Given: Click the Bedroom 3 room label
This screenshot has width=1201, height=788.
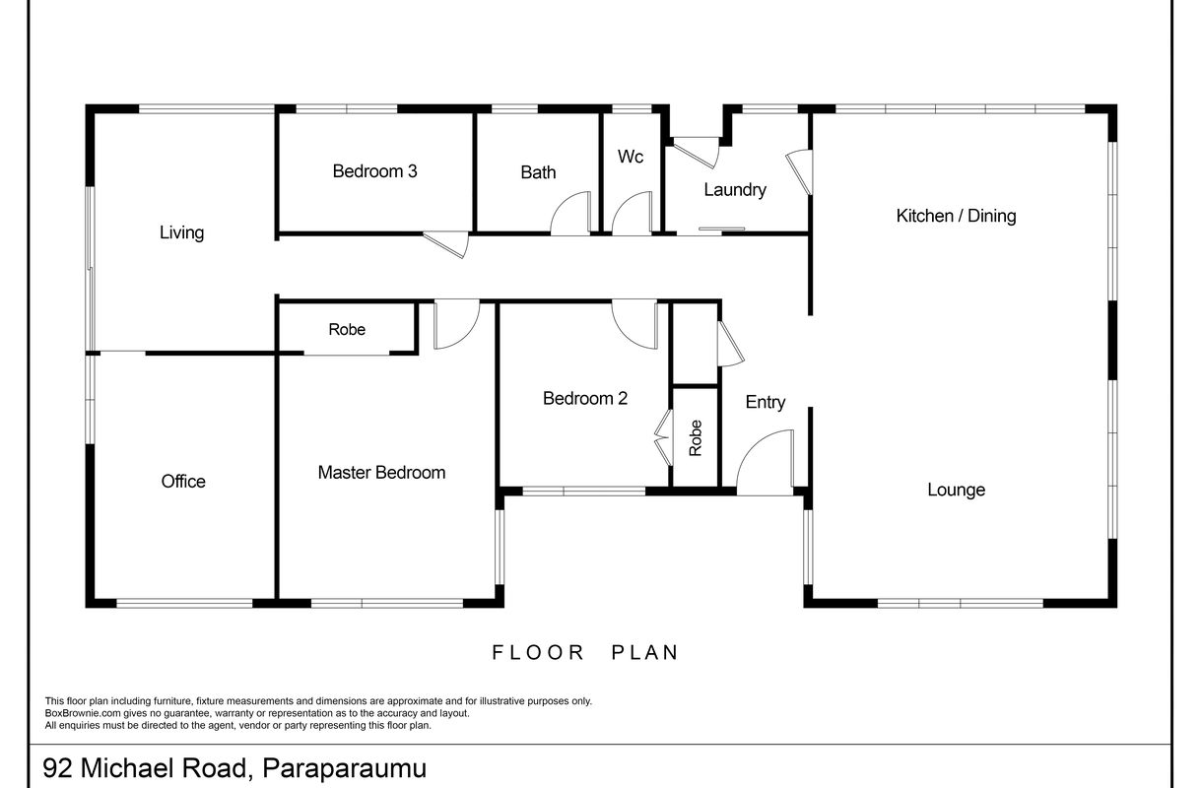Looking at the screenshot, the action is tap(374, 171).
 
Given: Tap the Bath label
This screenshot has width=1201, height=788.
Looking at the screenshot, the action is tap(538, 172).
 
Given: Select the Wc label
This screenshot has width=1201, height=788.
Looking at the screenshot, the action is tap(630, 157).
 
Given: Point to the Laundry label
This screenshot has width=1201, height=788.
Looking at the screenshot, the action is tap(735, 190).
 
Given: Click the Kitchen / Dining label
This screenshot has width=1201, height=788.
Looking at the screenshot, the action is tap(956, 216).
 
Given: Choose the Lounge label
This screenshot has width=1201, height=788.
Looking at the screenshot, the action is tap(956, 490).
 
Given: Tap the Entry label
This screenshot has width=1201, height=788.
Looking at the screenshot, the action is tap(766, 402).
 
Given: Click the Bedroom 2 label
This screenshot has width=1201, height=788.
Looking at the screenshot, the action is tap(585, 398).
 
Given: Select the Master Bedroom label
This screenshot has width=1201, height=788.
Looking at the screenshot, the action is tap(381, 472).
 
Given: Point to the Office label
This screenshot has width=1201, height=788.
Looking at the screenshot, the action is tap(183, 482).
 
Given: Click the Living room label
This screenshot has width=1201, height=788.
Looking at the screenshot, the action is tap(181, 232).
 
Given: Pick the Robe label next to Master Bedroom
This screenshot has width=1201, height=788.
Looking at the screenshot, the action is tap(347, 329).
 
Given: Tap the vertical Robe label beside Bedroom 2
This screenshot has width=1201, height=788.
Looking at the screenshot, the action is tap(695, 438).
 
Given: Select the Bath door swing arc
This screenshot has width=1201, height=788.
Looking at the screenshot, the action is tap(562, 203).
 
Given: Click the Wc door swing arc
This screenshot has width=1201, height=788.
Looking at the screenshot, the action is tap(623, 203).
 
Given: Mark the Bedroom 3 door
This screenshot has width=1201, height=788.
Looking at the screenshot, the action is tap(446, 244).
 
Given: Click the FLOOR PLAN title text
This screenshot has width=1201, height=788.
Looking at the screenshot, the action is tap(586, 652).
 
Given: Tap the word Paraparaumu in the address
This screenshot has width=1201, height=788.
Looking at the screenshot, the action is tap(344, 768).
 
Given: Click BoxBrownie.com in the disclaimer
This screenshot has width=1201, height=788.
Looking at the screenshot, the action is tap(83, 713).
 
